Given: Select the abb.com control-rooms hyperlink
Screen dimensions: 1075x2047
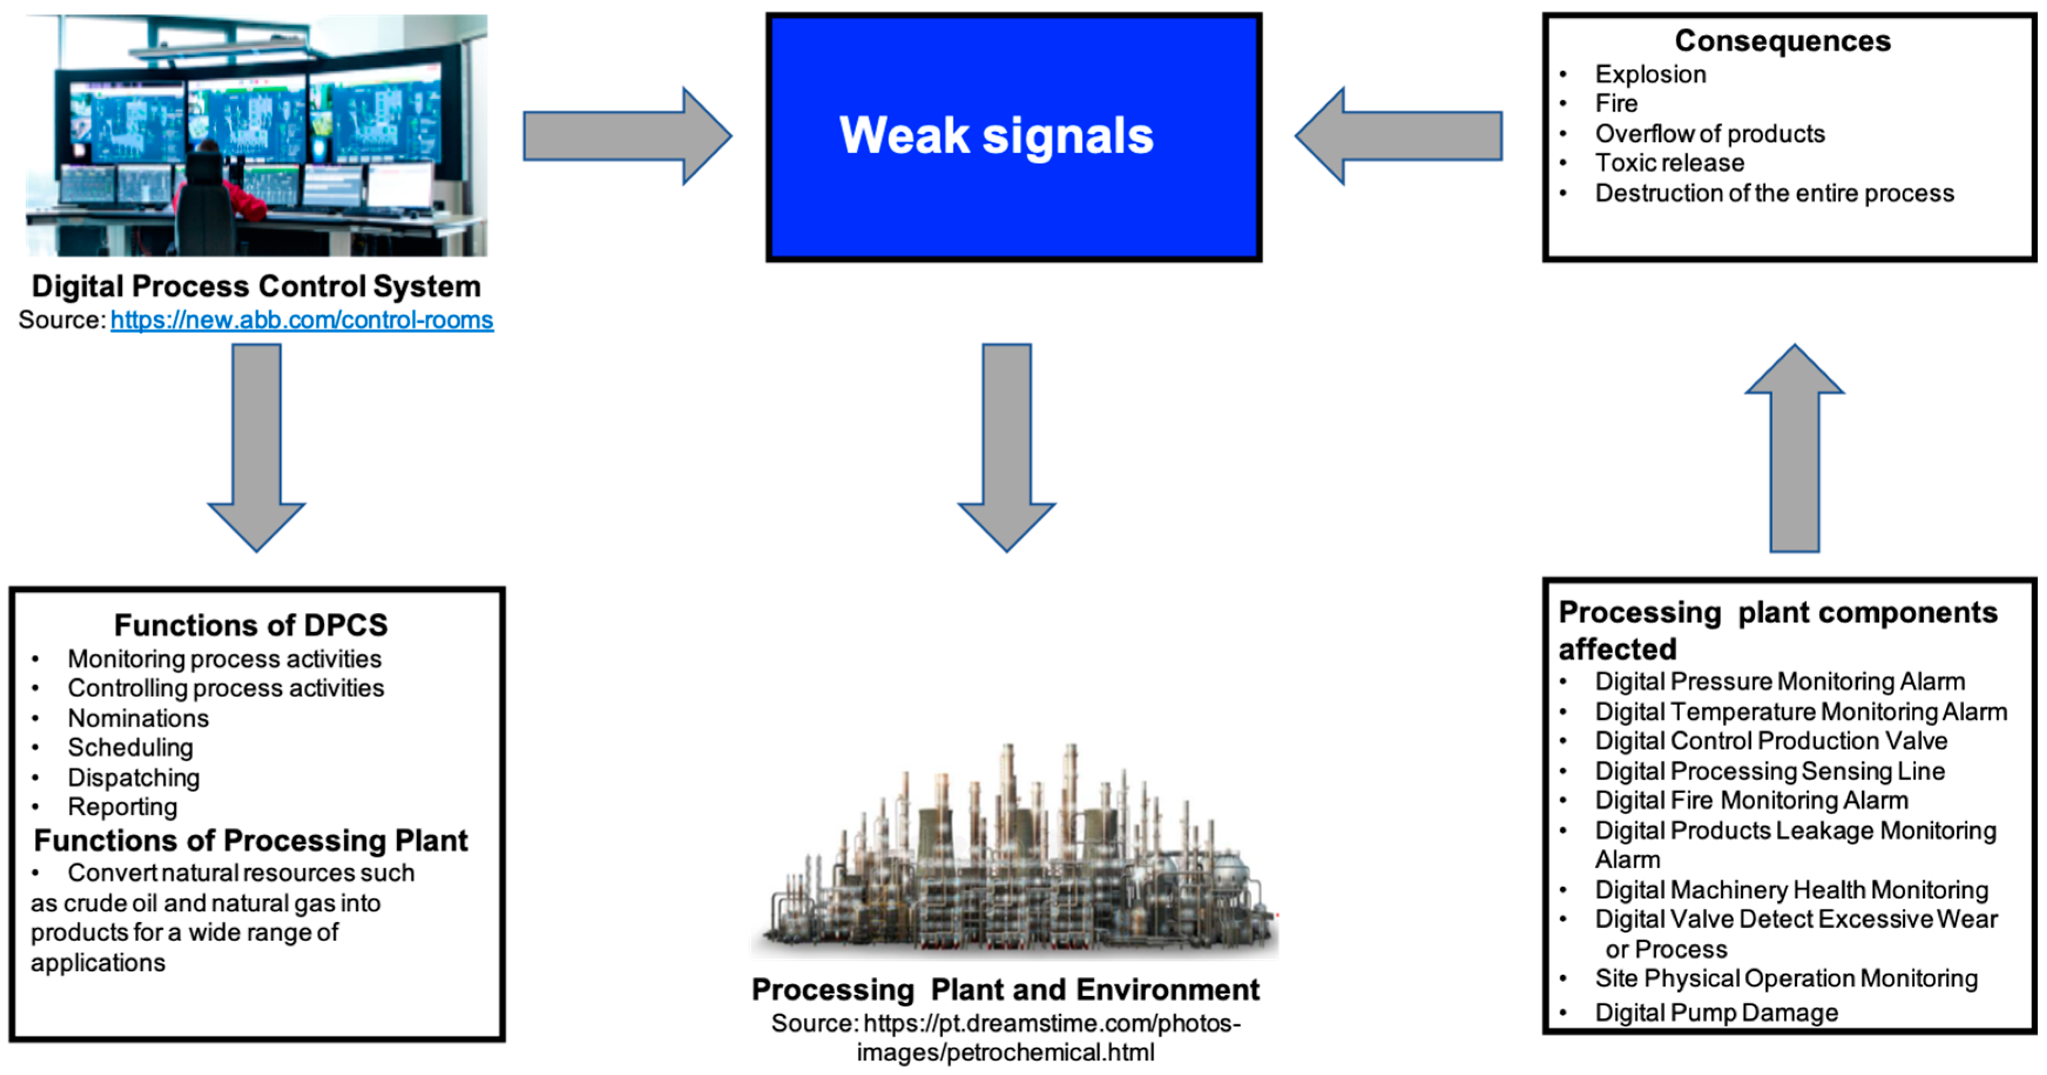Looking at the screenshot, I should [301, 320].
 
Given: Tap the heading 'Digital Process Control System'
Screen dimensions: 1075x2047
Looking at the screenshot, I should [256, 286].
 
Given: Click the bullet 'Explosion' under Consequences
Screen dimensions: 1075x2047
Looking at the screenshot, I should [1650, 74].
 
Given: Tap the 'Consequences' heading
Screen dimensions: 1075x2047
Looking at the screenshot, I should [1782, 40].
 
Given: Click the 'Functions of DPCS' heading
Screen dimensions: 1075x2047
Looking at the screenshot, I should [250, 625].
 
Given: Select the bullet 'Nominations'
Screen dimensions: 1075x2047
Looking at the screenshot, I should [138, 718].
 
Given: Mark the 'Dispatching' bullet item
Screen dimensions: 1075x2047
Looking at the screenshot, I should [133, 778].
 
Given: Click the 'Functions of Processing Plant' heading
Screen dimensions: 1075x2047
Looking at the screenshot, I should [250, 841].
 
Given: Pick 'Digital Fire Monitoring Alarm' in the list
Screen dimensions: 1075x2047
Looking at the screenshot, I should [1751, 800].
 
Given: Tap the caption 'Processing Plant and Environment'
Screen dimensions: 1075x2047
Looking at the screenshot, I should [1005, 990].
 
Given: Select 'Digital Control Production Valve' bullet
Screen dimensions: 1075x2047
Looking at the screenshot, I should [1771, 741].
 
